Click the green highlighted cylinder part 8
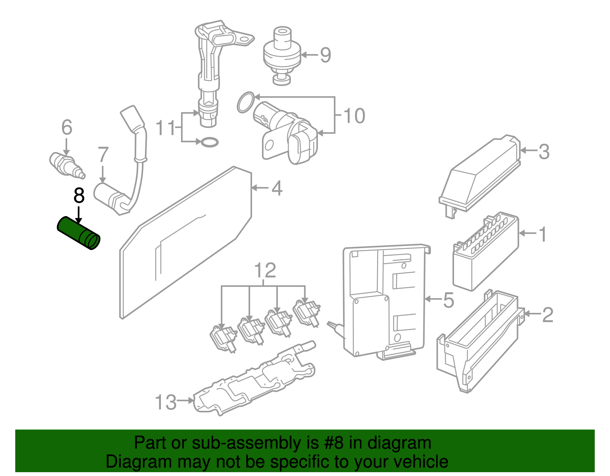[78, 233]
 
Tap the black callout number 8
[79, 196]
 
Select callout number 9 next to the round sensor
[325, 55]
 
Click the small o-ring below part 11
[209, 143]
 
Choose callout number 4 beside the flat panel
[277, 188]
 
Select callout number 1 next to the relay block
[543, 234]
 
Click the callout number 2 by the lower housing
[547, 315]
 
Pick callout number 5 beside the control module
[449, 300]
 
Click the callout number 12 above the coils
[265, 271]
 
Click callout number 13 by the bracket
[166, 402]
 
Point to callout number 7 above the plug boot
[103, 155]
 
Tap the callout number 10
[354, 116]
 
